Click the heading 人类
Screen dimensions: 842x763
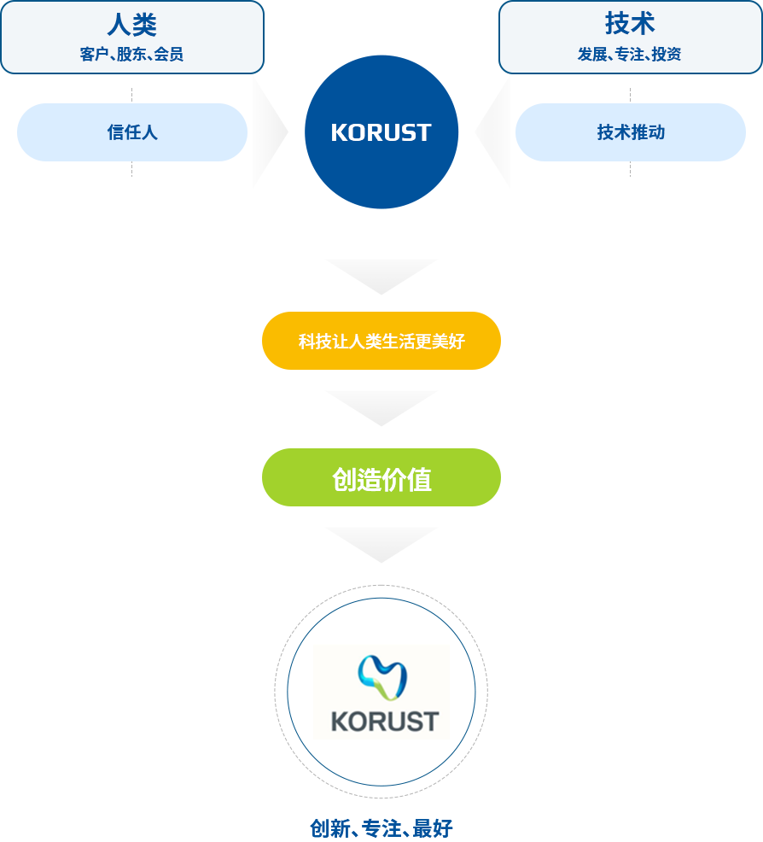coord(131,24)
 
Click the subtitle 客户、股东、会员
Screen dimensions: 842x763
coord(131,55)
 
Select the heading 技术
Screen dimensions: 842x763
coord(630,24)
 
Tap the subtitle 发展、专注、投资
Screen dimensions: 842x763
coord(630,55)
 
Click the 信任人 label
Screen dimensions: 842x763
coord(131,132)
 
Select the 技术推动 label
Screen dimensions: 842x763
coord(630,132)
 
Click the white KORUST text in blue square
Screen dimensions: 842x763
coord(381,132)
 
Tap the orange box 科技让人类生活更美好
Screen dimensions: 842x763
coord(381,341)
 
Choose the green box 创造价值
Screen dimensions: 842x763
coord(381,479)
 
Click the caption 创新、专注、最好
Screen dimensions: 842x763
coord(381,827)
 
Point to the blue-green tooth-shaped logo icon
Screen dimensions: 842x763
coord(382,678)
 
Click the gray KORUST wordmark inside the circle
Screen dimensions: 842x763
coord(384,721)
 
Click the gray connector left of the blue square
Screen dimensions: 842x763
coord(271,132)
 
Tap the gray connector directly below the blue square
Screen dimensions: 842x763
coord(381,278)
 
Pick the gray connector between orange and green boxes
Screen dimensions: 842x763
coord(381,409)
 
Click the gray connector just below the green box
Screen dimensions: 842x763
coord(381,546)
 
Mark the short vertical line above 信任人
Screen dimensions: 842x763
coord(131,93)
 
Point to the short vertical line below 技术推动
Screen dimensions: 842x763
coord(630,170)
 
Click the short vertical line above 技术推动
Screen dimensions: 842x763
coord(630,93)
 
